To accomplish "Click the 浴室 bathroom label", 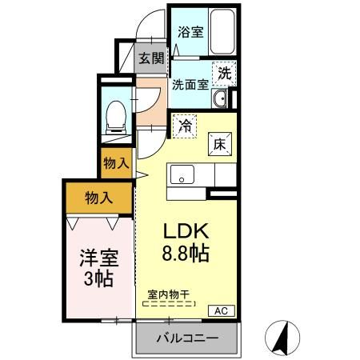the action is (x=190, y=32).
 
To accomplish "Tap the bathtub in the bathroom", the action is (x=222, y=31).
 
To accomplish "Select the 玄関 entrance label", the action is (x=151, y=58).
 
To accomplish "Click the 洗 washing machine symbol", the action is (x=224, y=74).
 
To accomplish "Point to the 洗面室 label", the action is (x=190, y=85).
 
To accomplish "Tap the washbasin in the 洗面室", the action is (x=219, y=98).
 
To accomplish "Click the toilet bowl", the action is (x=116, y=117).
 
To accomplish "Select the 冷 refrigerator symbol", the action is (x=185, y=126).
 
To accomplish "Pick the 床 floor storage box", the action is (x=220, y=144).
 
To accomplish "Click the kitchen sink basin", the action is (x=182, y=174).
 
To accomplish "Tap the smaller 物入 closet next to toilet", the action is (x=117, y=163).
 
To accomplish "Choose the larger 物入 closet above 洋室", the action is (x=99, y=198).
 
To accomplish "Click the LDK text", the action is (x=186, y=231).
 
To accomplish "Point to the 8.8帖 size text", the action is (x=186, y=254).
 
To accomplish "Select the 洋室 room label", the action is (x=99, y=258).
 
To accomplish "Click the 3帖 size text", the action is (x=98, y=278).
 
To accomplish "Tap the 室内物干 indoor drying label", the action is (x=169, y=294).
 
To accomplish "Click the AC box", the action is (x=222, y=310).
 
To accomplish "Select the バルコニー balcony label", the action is (x=187, y=338).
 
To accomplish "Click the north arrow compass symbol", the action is (x=282, y=338).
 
